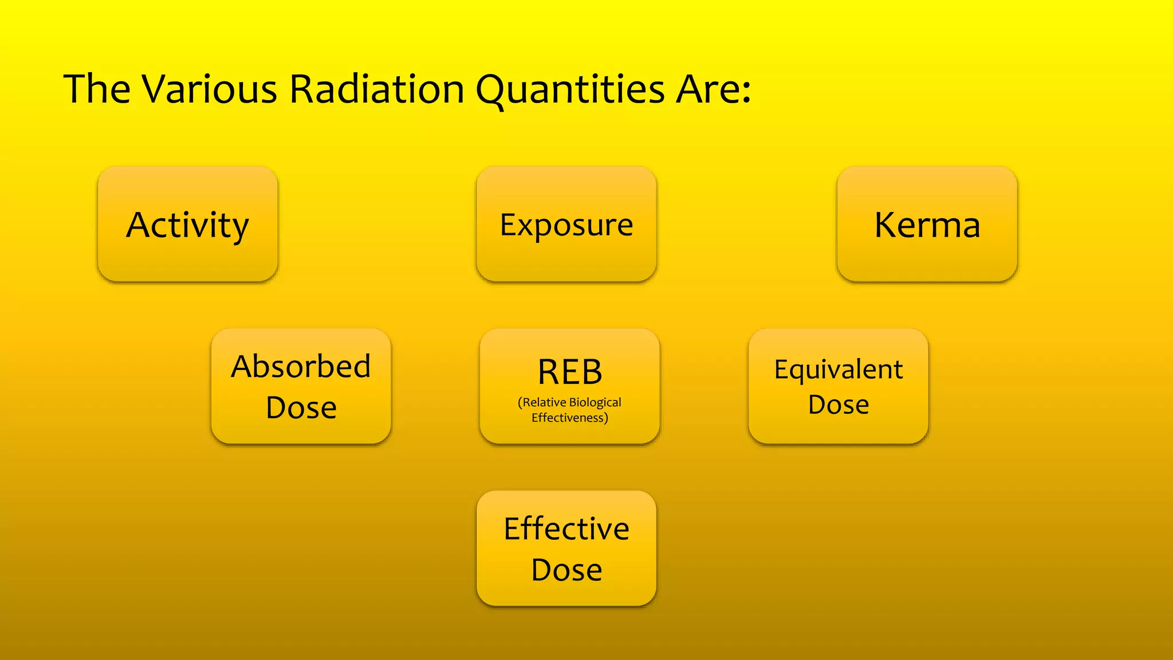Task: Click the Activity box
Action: click(x=188, y=224)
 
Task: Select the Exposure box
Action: click(x=566, y=224)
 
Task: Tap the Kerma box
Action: click(x=927, y=224)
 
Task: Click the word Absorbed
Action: click(x=301, y=366)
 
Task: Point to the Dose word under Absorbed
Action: click(x=301, y=408)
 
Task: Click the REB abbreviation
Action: click(x=570, y=372)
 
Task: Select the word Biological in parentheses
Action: click(x=595, y=402)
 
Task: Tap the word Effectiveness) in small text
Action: click(x=570, y=418)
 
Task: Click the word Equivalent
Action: click(x=839, y=370)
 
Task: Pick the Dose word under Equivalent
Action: click(x=839, y=404)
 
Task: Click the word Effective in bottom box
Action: click(x=566, y=528)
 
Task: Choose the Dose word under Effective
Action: click(x=566, y=570)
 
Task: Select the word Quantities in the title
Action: click(x=570, y=90)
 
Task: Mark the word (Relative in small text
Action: click(x=542, y=402)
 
